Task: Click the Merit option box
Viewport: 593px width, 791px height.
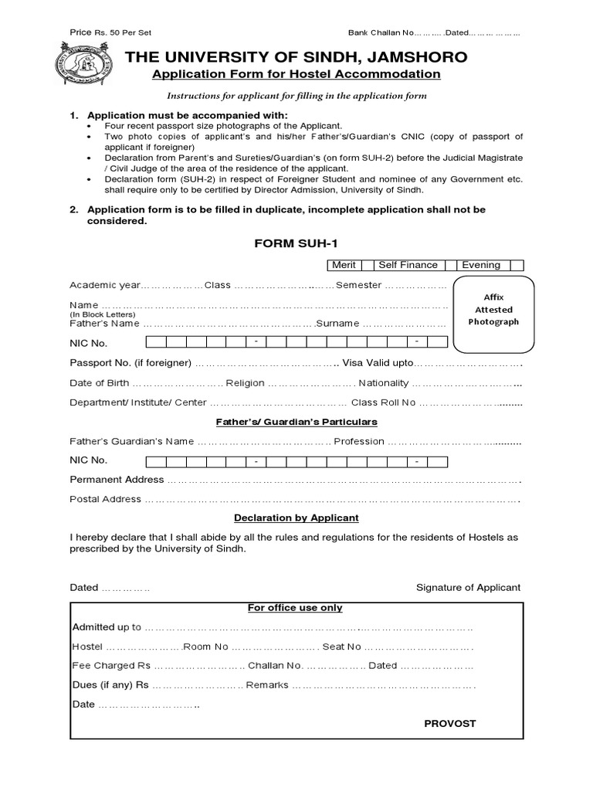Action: click(x=344, y=265)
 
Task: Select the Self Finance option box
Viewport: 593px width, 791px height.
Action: click(x=408, y=265)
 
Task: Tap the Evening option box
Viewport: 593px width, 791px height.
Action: click(x=480, y=265)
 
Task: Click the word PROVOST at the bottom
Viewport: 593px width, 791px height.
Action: click(x=450, y=724)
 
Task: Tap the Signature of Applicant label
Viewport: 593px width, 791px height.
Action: click(x=468, y=587)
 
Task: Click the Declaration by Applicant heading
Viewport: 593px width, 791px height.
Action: click(x=296, y=518)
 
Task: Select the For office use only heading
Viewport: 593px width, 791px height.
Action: click(x=295, y=608)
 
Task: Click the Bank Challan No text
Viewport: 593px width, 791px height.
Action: click(x=381, y=33)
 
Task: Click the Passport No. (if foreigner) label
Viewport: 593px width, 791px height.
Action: click(x=130, y=363)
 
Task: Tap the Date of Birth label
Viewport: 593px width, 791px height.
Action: click(x=99, y=383)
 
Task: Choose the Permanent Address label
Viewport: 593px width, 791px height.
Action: click(x=117, y=480)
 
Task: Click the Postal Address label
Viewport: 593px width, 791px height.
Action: click(x=106, y=499)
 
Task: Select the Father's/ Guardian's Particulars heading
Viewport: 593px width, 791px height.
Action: click(x=296, y=422)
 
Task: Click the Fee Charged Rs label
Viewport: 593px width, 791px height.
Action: click(x=111, y=665)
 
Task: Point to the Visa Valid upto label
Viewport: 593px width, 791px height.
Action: click(x=378, y=363)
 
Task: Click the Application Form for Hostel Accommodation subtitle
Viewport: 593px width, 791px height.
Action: click(x=296, y=74)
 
